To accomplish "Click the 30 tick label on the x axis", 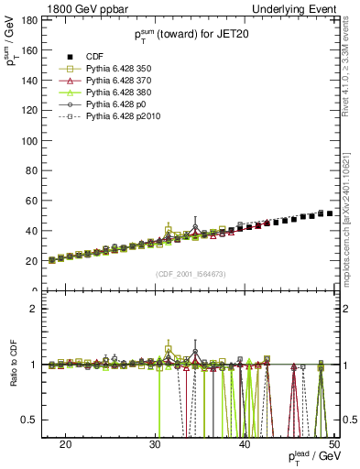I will (x=156, y=443).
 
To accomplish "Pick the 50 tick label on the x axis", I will (x=335, y=443).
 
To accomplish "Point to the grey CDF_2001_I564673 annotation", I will (x=188, y=273).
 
